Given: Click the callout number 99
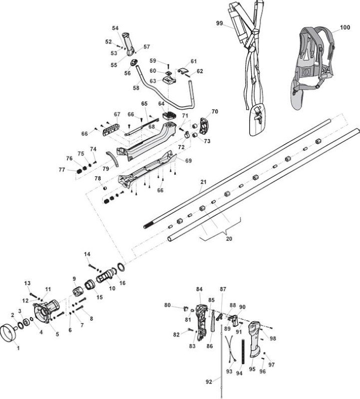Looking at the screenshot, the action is pyautogui.click(x=219, y=23).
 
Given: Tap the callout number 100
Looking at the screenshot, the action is pyautogui.click(x=345, y=27).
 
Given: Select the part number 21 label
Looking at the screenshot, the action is pyautogui.click(x=203, y=182).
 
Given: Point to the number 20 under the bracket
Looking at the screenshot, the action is pyautogui.click(x=229, y=239).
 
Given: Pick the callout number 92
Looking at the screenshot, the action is pyautogui.click(x=209, y=382).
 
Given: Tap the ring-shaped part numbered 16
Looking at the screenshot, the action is pyautogui.click(x=121, y=267).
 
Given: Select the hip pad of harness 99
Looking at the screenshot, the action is pyautogui.click(x=258, y=120).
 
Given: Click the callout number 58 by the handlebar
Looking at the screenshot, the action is pyautogui.click(x=136, y=88).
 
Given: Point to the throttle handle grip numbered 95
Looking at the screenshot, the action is pyautogui.click(x=255, y=339).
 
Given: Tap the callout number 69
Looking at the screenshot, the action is pyautogui.click(x=188, y=161).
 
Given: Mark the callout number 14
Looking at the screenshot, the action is pyautogui.click(x=87, y=254).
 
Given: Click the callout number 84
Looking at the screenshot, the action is pyautogui.click(x=199, y=289).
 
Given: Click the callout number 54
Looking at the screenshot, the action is pyautogui.click(x=115, y=28).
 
